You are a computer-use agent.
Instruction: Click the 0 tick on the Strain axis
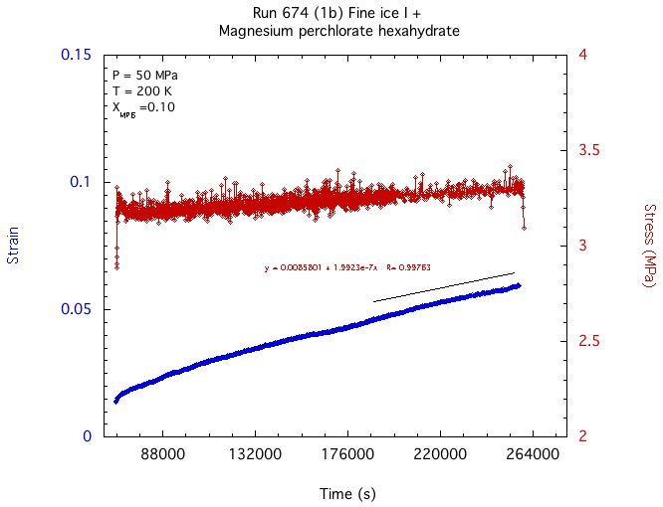coord(88,436)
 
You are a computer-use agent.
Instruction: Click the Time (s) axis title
coord(347,494)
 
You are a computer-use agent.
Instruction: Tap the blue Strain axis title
coord(13,246)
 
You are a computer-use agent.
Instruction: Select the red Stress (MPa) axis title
coord(648,246)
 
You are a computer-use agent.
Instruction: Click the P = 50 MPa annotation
coord(145,76)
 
